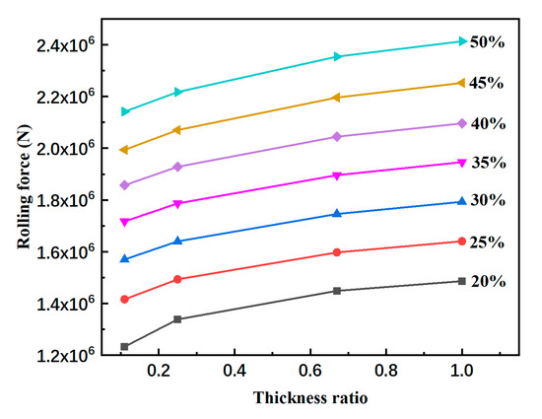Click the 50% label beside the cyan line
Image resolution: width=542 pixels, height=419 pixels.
coord(487,43)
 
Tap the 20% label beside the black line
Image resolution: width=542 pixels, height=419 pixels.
coord(487,281)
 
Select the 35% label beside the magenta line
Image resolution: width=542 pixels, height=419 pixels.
coord(487,162)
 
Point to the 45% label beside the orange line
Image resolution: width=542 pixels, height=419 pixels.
coord(487,83)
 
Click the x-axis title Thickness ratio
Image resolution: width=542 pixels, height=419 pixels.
coord(308,398)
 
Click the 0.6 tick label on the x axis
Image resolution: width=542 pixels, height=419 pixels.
coord(309,372)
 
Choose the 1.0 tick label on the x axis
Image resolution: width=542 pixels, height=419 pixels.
coord(461,372)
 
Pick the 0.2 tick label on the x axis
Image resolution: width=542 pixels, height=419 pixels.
coord(158,372)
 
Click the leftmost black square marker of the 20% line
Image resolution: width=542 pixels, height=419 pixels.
coord(124,347)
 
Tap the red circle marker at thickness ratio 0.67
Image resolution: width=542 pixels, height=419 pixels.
coord(337,252)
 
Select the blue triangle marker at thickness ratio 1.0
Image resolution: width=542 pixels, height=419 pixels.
coord(461,201)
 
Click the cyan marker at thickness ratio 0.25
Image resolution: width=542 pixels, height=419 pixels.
coord(178,92)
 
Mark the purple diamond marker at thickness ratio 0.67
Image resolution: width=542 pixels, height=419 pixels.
coord(337,137)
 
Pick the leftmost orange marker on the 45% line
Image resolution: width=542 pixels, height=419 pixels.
coord(124,150)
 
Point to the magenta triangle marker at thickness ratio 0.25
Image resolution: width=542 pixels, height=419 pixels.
coord(178,204)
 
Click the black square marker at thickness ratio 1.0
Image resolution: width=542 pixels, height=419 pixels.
coord(461,281)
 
